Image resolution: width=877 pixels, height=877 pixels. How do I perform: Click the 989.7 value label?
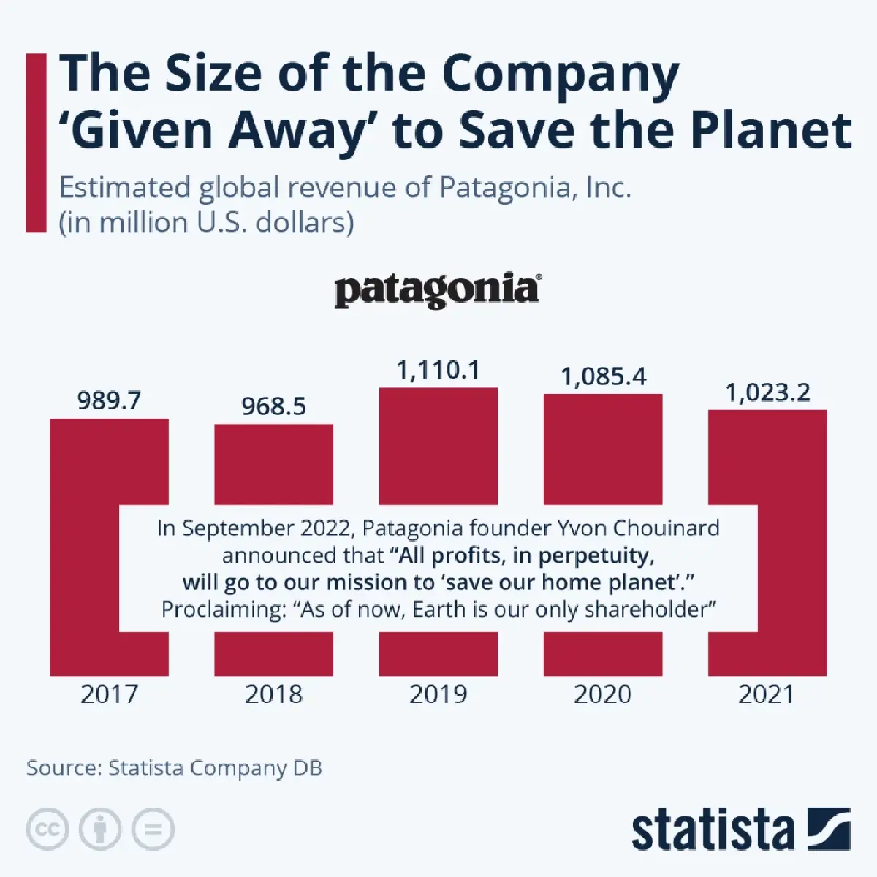[x=109, y=400]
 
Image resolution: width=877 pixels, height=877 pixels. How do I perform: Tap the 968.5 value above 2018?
[x=273, y=406]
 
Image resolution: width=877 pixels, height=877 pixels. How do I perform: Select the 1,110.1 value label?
[x=438, y=370]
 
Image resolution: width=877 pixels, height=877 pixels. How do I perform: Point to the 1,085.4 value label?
[x=603, y=376]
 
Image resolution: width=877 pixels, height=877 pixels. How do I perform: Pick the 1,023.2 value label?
[x=767, y=393]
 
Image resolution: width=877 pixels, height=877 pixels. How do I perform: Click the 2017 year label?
[x=109, y=694]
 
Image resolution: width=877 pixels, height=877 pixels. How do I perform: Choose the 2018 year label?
[x=273, y=694]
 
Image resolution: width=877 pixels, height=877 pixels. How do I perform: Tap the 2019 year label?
[x=438, y=694]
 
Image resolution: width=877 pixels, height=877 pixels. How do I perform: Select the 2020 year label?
[x=603, y=694]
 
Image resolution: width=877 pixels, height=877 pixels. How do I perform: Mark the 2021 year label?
[x=767, y=694]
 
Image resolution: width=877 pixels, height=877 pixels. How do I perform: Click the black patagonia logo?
[x=438, y=290]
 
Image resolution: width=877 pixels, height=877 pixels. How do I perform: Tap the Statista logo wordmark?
[x=713, y=831]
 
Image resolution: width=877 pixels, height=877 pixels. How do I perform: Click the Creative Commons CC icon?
[x=48, y=829]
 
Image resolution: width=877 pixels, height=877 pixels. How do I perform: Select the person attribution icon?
[x=100, y=829]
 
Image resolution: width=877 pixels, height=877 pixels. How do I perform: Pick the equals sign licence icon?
[x=153, y=829]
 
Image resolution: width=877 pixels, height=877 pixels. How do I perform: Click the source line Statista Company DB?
[x=174, y=768]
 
